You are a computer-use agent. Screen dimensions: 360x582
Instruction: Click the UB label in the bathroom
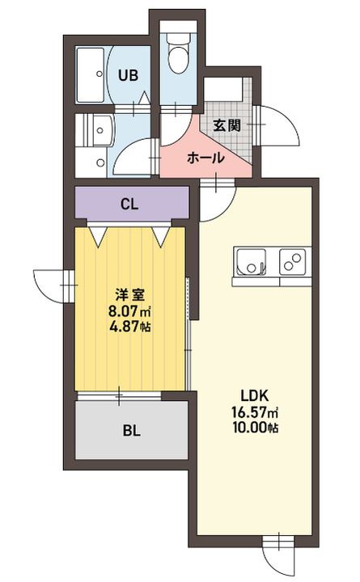point(128,75)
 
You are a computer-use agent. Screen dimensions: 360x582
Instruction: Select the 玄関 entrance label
point(227,125)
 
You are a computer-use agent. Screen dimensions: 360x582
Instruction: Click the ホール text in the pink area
point(205,158)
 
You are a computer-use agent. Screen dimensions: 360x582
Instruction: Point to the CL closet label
point(129,204)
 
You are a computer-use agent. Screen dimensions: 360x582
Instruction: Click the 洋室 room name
point(129,295)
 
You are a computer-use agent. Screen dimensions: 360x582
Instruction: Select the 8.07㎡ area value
point(129,310)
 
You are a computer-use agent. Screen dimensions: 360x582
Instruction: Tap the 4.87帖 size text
point(129,326)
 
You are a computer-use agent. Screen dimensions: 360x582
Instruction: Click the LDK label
point(255,395)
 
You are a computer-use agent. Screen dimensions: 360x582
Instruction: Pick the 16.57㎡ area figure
point(255,411)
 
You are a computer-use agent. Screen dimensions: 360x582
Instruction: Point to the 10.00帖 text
point(255,428)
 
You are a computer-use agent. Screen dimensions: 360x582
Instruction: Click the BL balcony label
point(132,431)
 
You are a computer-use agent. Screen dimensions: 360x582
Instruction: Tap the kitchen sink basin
point(252,262)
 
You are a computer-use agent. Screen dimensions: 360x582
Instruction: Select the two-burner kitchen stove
point(293,262)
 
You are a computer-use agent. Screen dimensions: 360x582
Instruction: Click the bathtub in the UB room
point(91,75)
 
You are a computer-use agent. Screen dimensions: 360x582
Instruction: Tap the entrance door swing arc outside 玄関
point(281,125)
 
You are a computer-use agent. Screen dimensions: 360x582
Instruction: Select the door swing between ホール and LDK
point(218,201)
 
